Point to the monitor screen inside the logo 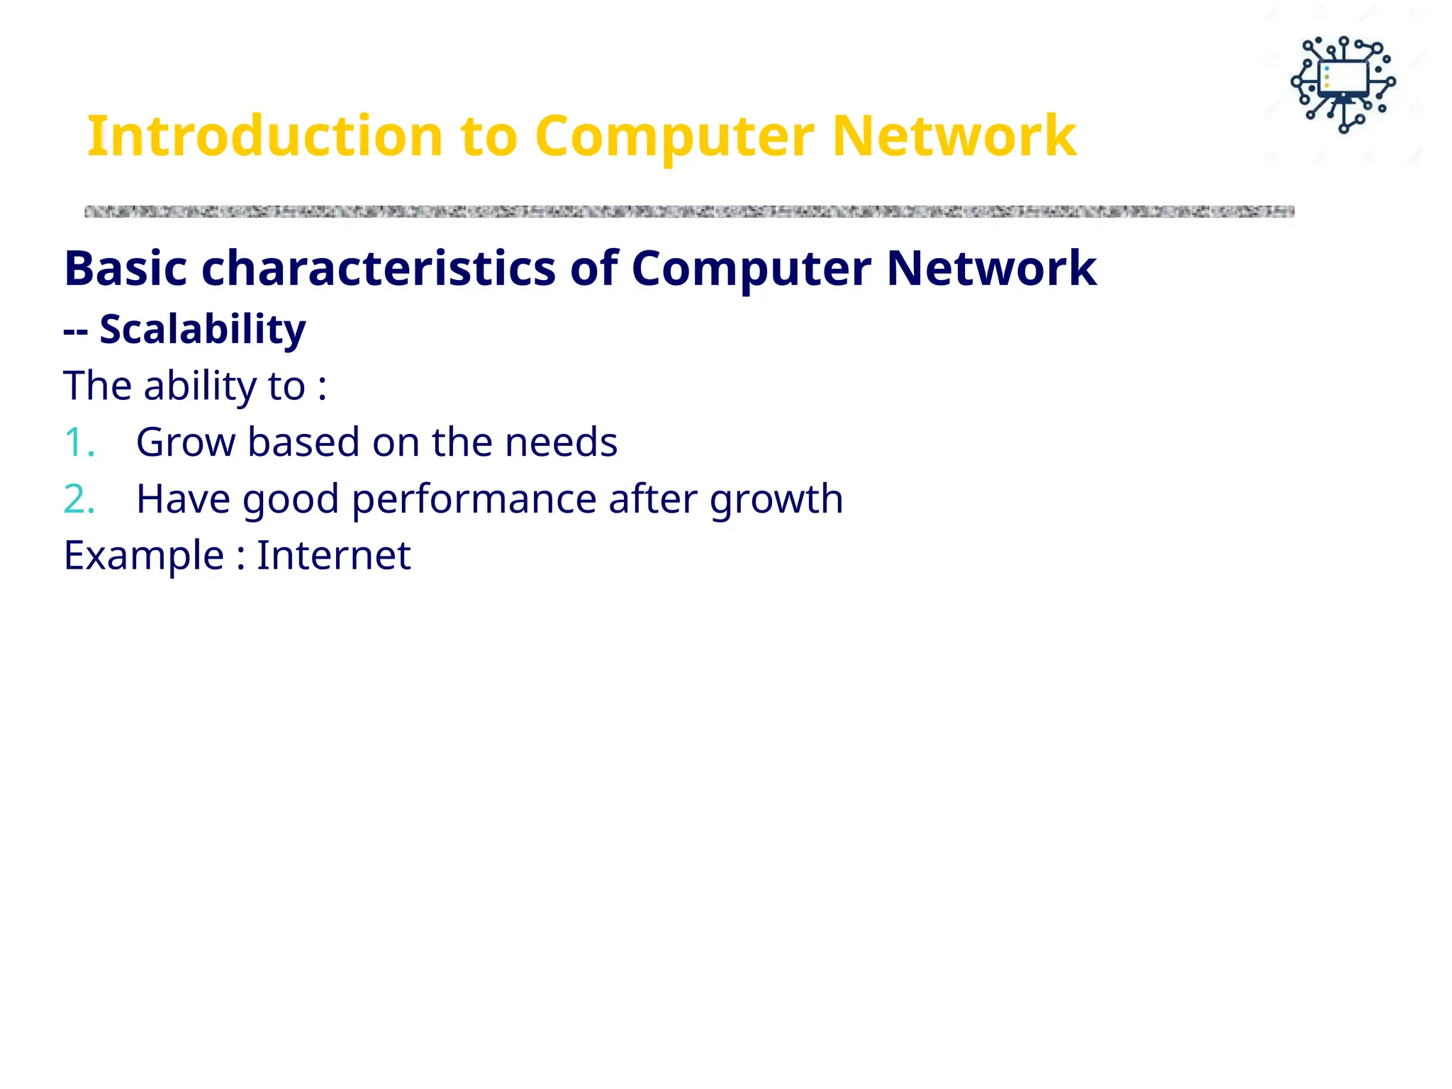pyautogui.click(x=1344, y=77)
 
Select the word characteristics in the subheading pyautogui.click(x=379, y=268)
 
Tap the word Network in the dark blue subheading pyautogui.click(x=991, y=268)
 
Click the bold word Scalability pyautogui.click(x=202, y=329)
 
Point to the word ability pyautogui.click(x=199, y=386)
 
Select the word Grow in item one pyautogui.click(x=185, y=442)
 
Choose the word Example pyautogui.click(x=144, y=555)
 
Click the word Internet pyautogui.click(x=333, y=555)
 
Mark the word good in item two pyautogui.click(x=291, y=499)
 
